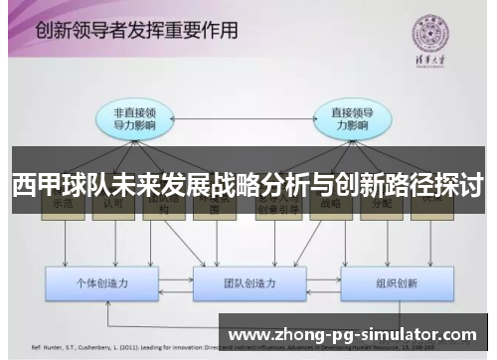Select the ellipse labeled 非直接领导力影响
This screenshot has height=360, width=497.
[135, 119]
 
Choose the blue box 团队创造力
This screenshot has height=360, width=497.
[248, 283]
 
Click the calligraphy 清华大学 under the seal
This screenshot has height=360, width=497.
[429, 65]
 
